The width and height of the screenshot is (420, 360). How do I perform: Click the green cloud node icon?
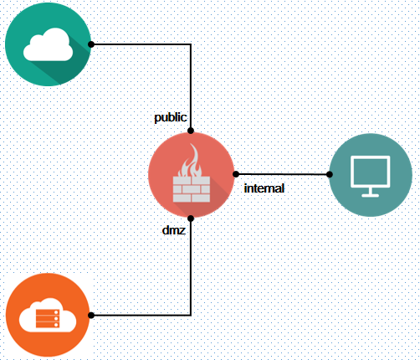(48, 44)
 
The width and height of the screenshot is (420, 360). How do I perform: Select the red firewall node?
(191, 175)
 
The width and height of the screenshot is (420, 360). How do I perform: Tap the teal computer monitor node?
(371, 175)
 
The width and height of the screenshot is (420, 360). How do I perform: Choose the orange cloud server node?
(48, 315)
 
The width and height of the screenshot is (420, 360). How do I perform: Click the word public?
(171, 117)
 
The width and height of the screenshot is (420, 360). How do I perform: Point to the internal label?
(264, 188)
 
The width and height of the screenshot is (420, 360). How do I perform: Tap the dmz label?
(174, 230)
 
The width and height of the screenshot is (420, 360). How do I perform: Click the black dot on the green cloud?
(91, 44)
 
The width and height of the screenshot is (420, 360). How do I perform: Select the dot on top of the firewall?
(191, 131)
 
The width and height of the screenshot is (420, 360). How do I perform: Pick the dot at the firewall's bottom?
(191, 219)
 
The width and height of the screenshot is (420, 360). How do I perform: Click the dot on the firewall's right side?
(236, 174)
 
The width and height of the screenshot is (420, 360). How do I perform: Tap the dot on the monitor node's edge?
(330, 174)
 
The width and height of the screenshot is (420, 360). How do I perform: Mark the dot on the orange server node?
(91, 316)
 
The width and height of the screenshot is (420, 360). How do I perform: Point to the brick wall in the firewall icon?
(192, 189)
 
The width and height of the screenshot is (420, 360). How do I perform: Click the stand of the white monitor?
(370, 193)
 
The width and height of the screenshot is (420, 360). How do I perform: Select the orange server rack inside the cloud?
(48, 318)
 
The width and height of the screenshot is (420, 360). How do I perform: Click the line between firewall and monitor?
(283, 174)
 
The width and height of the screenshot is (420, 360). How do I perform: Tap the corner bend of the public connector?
(191, 44)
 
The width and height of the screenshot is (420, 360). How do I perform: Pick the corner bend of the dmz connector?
(191, 316)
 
